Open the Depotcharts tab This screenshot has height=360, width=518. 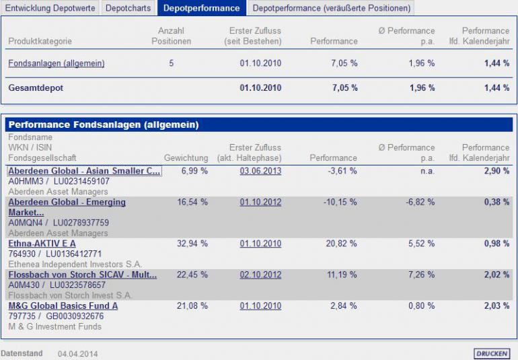[129, 8]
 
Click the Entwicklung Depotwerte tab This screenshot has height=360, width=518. [50, 8]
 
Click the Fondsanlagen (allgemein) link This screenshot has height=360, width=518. [57, 63]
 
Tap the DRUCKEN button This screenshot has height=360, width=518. [491, 353]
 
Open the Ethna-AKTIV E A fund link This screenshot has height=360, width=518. [42, 244]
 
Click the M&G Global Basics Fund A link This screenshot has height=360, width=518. [63, 306]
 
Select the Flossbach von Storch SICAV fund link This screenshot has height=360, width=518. [82, 275]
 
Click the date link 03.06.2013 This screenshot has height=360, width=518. [260, 171]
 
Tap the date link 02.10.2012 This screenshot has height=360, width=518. [260, 275]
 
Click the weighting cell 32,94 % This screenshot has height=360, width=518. [192, 244]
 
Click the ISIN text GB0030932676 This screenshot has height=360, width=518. [75, 316]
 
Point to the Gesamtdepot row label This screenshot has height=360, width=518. [36, 88]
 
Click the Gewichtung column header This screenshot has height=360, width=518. [186, 158]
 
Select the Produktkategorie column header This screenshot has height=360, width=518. [40, 41]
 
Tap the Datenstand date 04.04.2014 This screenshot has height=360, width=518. [77, 353]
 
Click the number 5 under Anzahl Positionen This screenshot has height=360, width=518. [171, 63]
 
